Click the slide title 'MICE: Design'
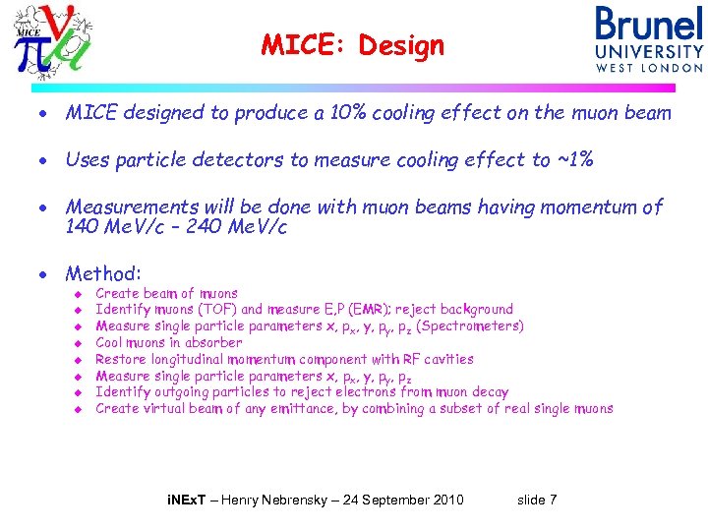[x=353, y=45]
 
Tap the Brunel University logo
[x=648, y=38]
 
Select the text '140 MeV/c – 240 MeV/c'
[x=176, y=227]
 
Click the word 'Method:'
[x=103, y=273]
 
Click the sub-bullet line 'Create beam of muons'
[x=166, y=293]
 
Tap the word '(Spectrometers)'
[x=470, y=326]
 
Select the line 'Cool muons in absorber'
[x=168, y=343]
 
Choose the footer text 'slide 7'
[x=537, y=501]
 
